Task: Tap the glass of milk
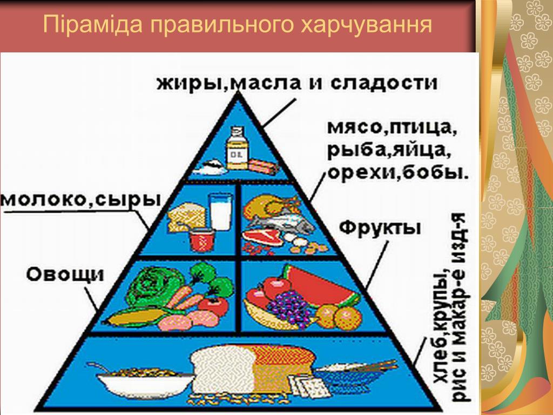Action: [221, 212]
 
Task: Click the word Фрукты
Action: [380, 229]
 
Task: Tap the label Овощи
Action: [65, 274]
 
